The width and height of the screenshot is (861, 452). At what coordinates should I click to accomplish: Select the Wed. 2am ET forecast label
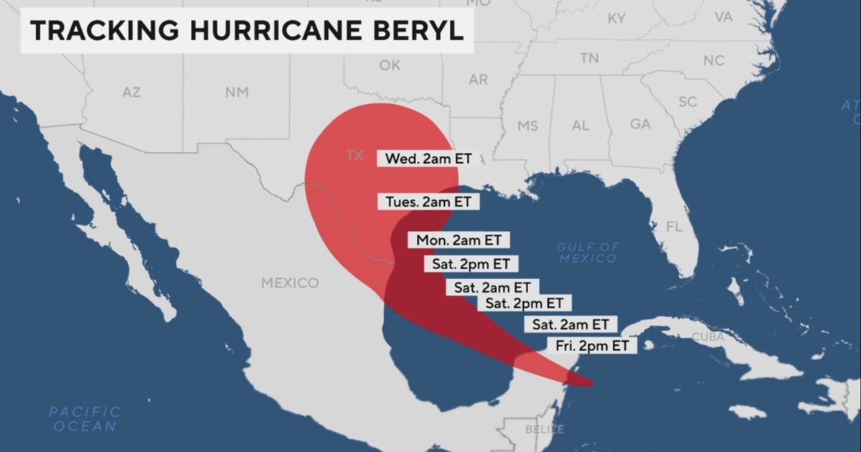point(428,159)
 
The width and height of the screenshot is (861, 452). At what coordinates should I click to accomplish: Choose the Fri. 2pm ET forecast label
point(592,346)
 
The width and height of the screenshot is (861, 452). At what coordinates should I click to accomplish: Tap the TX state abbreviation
point(354,156)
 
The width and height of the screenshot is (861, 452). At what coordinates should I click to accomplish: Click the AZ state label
point(131,92)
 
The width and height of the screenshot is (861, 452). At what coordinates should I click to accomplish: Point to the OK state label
point(390,65)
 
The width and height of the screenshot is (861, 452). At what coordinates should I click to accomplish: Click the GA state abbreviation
point(640,124)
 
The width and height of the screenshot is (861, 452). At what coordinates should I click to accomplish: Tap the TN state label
point(589,57)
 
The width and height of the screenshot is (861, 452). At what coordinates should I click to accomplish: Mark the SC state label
point(687,102)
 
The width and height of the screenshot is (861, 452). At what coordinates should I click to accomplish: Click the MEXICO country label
point(290,283)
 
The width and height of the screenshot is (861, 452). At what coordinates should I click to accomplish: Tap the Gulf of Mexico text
point(587,253)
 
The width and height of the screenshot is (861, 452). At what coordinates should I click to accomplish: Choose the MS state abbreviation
point(527,126)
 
